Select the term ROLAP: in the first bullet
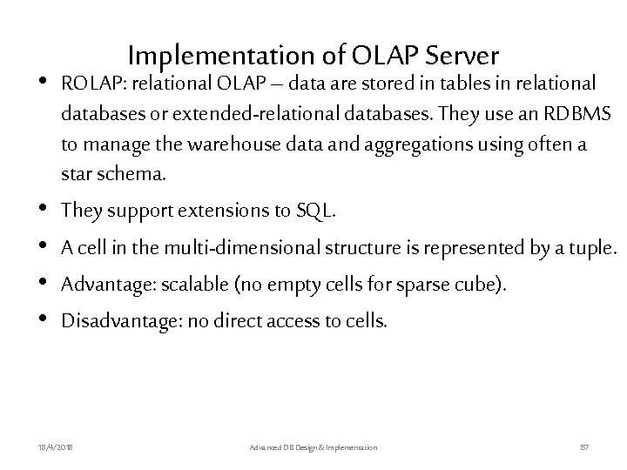91,84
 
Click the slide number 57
584,446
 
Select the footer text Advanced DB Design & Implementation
313,446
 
